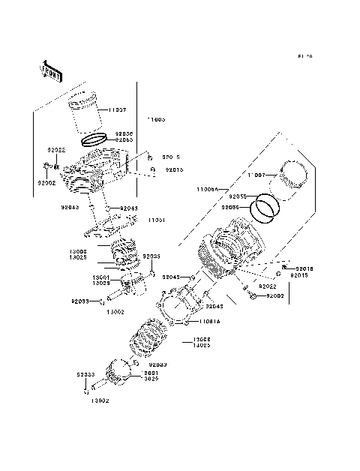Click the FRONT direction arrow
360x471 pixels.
(x=51, y=70)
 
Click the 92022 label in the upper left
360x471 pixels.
(x=58, y=150)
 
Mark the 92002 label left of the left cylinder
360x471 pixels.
(x=46, y=182)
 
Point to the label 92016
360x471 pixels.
(x=304, y=268)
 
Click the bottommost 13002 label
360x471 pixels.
(x=100, y=401)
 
